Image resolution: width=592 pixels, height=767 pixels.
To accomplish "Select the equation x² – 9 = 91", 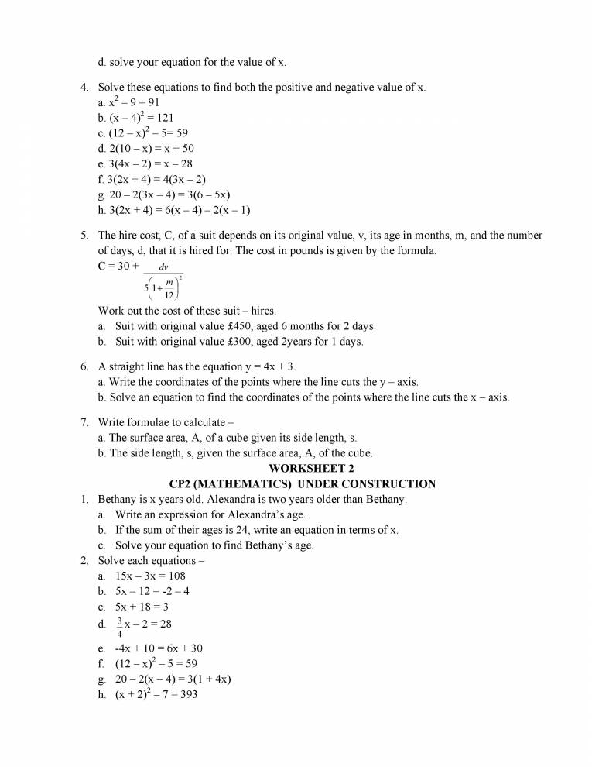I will [x=133, y=102].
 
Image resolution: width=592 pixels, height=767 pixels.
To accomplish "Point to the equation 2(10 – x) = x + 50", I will [x=149, y=149].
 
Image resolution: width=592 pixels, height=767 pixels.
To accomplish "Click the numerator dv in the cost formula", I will [x=163, y=267].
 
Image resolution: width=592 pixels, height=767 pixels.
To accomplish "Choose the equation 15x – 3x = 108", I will [x=150, y=576].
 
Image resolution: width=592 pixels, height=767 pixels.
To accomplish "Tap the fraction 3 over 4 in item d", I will [x=119, y=627].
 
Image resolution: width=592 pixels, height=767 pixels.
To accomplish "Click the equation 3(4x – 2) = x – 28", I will [x=147, y=163].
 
